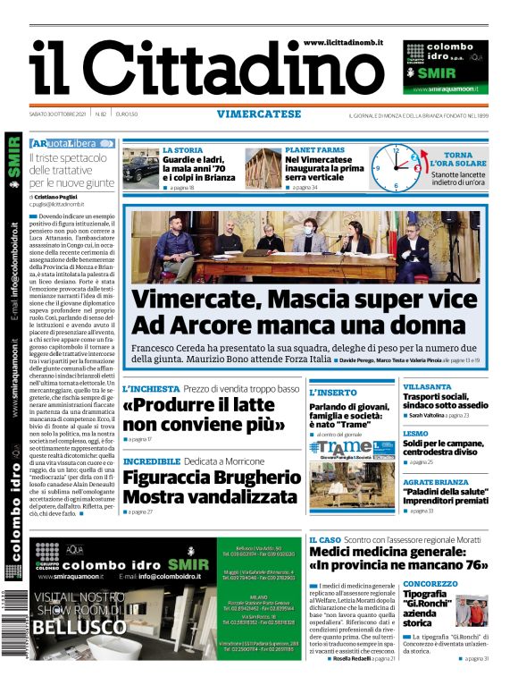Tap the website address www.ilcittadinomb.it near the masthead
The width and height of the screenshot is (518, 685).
point(343,42)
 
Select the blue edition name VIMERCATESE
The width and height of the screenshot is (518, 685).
point(259,114)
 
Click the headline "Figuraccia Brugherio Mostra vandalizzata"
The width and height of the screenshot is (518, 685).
point(211,486)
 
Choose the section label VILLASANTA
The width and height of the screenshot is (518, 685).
point(428,386)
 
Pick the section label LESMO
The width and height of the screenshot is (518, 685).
point(415,433)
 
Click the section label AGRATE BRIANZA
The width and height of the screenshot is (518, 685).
point(436,481)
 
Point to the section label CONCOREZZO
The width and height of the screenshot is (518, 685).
point(430,584)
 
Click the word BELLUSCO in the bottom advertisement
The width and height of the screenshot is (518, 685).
point(77,627)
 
